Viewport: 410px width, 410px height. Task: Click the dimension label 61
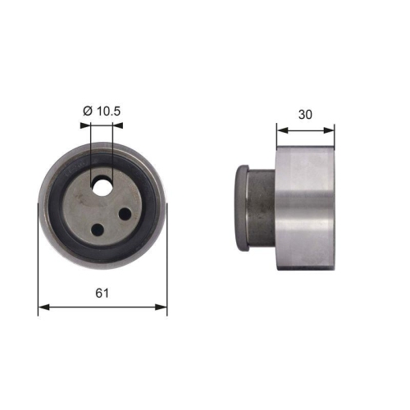pos(102,292)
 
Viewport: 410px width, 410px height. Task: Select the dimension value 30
pos(305,115)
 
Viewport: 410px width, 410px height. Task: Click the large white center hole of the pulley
pos(102,187)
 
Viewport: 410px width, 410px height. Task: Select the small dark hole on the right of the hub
pos(125,214)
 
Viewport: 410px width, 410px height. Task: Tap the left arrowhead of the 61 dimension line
pos(43,308)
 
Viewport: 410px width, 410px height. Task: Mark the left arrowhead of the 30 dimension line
pos(280,129)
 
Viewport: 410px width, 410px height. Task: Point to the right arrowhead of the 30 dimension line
pos(330,129)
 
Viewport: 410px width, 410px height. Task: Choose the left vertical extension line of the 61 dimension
pos(39,262)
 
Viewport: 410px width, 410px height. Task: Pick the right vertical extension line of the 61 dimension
pos(167,262)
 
